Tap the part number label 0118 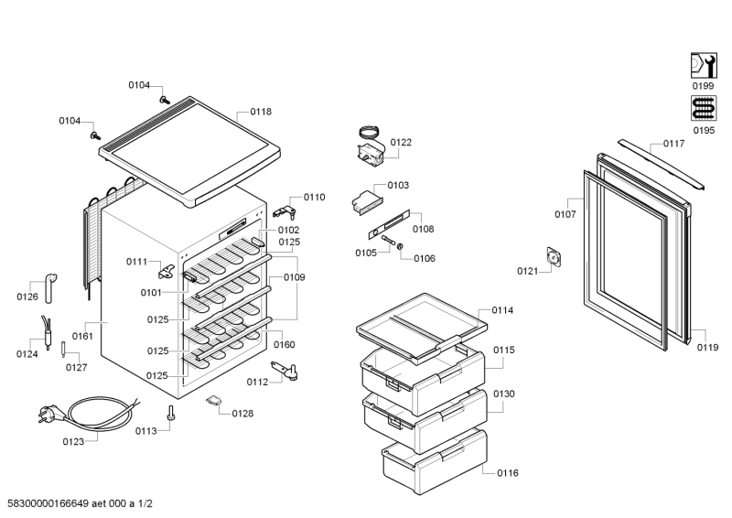pyautogui.click(x=261, y=112)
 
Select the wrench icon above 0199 pyautogui.click(x=704, y=65)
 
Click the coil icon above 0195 pyautogui.click(x=704, y=108)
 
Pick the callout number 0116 pyautogui.click(x=508, y=473)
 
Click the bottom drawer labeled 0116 pyautogui.click(x=434, y=462)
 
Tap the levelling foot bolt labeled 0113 pyautogui.click(x=170, y=413)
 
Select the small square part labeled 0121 pyautogui.click(x=554, y=257)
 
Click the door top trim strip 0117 pyautogui.click(x=661, y=164)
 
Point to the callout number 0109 pyautogui.click(x=294, y=277)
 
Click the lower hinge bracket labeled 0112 pyautogui.click(x=285, y=370)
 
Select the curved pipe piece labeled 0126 pyautogui.click(x=50, y=287)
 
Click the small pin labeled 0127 pyautogui.click(x=63, y=350)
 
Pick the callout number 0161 pyautogui.click(x=82, y=336)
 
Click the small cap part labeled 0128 pyautogui.click(x=214, y=400)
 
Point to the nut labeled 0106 pyautogui.click(x=400, y=246)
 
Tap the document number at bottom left pyautogui.click(x=81, y=503)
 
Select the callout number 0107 pyautogui.click(x=565, y=214)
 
